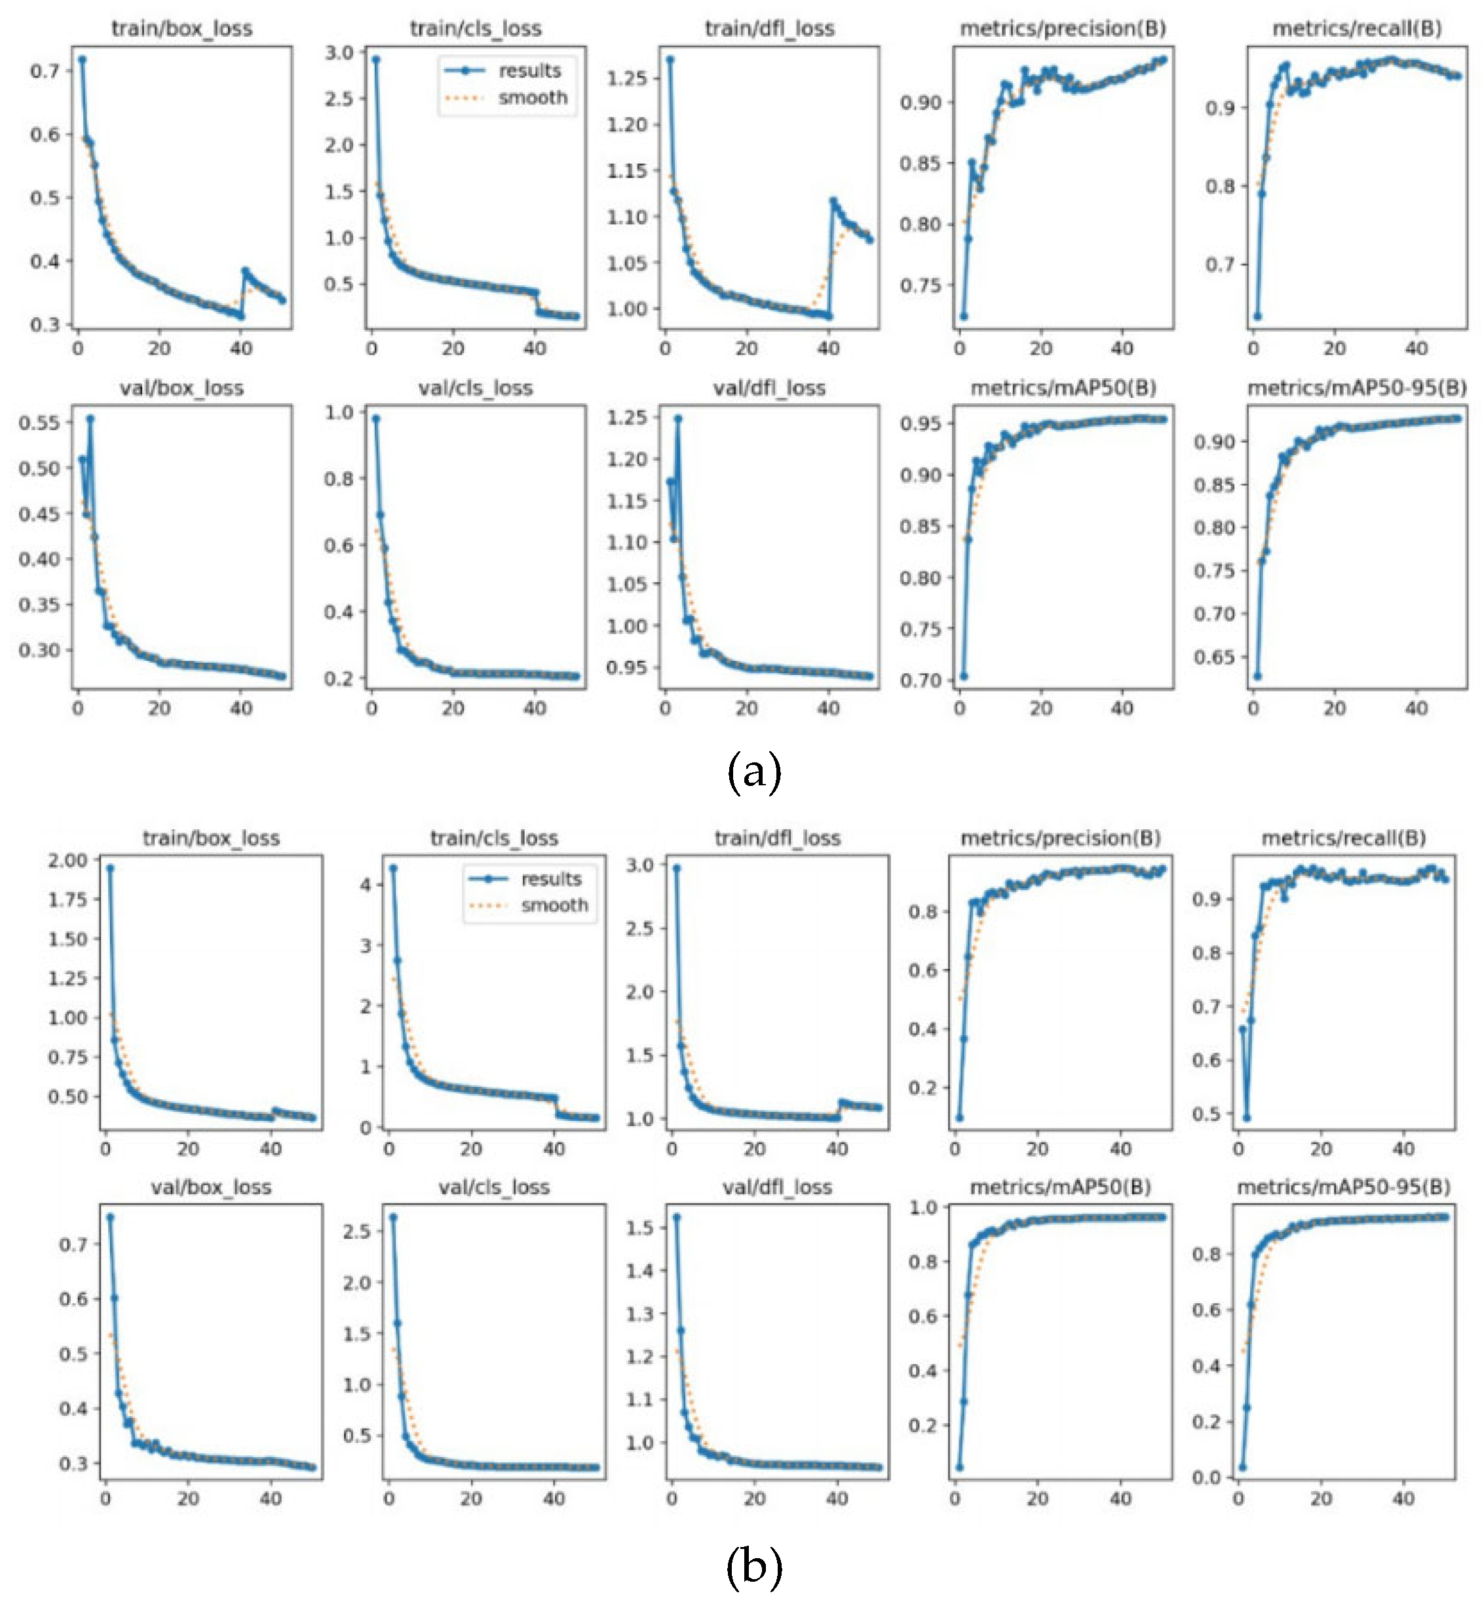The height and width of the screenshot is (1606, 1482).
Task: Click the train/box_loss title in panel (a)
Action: pyautogui.click(x=182, y=29)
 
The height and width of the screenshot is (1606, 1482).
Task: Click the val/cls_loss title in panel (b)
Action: pyautogui.click(x=494, y=1187)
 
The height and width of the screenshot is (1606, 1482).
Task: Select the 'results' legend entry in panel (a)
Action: pyautogui.click(x=529, y=71)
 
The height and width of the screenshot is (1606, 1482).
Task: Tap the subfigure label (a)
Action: pyautogui.click(x=754, y=772)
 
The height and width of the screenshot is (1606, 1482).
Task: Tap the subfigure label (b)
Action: pyautogui.click(x=754, y=1567)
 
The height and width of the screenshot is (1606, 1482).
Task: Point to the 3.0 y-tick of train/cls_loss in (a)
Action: pyautogui.click(x=339, y=53)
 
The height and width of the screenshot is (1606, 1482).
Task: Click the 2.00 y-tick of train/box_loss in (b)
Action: pyautogui.click(x=67, y=860)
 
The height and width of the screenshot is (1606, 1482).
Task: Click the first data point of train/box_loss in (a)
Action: pyautogui.click(x=82, y=60)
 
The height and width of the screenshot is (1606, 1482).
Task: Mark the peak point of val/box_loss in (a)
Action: pyautogui.click(x=90, y=419)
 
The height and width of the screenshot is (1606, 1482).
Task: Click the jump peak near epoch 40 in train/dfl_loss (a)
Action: pyautogui.click(x=833, y=201)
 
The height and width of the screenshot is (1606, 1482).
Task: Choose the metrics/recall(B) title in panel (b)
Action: pyautogui.click(x=1343, y=838)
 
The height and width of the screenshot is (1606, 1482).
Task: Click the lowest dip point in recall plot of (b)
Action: pyautogui.click(x=1246, y=1118)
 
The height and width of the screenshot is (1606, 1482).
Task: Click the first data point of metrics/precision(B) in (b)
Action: pyautogui.click(x=959, y=1118)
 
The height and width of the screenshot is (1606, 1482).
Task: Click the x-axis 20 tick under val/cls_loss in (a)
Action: pyautogui.click(x=453, y=709)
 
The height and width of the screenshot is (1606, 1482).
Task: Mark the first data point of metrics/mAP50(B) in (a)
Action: pyautogui.click(x=963, y=676)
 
